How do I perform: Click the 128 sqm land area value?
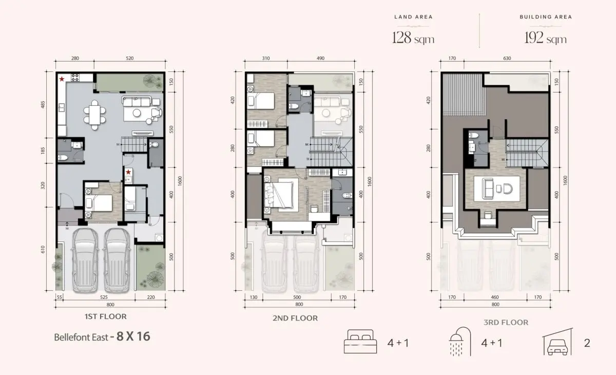pyautogui.click(x=413, y=38)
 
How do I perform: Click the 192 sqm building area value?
pyautogui.click(x=546, y=38)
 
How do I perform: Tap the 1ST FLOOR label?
pyautogui.click(x=106, y=316)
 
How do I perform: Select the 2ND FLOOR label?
pyautogui.click(x=295, y=318)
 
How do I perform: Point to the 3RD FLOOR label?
pyautogui.click(x=506, y=323)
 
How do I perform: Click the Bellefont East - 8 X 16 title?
pyautogui.click(x=102, y=338)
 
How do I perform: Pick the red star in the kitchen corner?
pyautogui.click(x=62, y=79)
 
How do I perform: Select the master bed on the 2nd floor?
pyautogui.click(x=279, y=194)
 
